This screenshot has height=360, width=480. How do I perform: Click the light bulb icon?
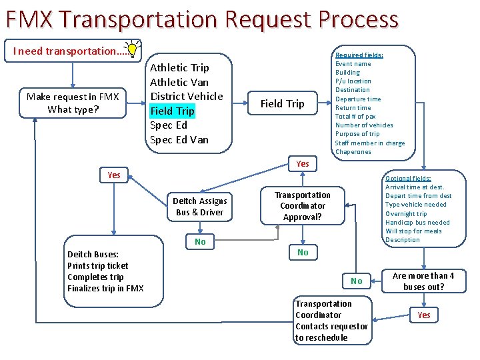pos(133,49)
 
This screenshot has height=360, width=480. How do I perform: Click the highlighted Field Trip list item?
pos(172,111)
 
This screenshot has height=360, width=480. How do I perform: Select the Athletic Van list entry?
pos(179,82)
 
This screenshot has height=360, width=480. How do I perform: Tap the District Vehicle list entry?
pos(186,96)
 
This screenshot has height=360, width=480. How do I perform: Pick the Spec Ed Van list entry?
pos(179,139)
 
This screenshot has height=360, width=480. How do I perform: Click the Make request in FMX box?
pos(73,103)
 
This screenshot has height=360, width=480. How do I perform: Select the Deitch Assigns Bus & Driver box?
pos(200,207)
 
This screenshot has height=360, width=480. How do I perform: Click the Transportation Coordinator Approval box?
pos(303,206)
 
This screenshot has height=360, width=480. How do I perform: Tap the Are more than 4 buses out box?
pos(423,281)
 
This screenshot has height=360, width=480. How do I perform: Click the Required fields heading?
pos(359,55)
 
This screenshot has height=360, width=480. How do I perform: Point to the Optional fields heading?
pos(408,179)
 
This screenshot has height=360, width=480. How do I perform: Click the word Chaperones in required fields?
pos(353,151)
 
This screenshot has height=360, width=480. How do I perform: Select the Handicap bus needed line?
pos(417,222)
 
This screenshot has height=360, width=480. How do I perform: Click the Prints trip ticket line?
pos(97,265)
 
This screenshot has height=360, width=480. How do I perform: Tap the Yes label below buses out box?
pos(424,315)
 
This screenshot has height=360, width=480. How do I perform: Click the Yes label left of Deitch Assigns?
pos(114,175)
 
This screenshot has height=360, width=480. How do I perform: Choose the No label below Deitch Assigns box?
pos(200,241)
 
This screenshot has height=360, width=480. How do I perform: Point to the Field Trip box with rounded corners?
pos(282,103)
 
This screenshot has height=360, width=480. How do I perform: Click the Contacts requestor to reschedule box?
pos(331,321)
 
